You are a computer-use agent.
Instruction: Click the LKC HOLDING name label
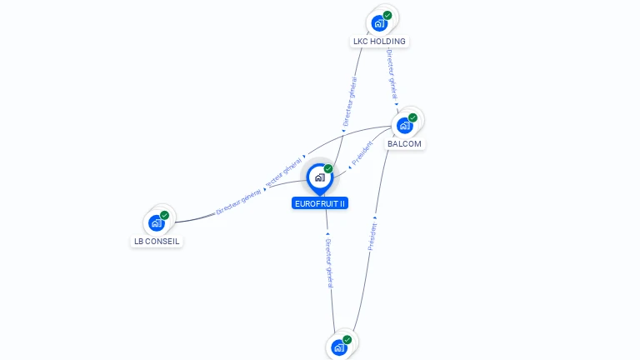379,41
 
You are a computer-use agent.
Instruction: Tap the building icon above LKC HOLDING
380,22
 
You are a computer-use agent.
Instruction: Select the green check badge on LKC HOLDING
387,15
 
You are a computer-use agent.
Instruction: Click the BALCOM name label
405,143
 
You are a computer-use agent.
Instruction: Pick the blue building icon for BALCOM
405,126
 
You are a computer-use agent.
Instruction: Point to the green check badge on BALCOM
412,117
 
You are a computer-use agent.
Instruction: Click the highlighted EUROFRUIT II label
320,203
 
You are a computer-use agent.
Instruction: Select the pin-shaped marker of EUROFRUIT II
319,177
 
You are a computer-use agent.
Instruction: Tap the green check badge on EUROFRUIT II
328,169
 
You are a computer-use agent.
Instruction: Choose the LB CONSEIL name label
157,242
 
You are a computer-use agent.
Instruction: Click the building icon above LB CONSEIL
156,223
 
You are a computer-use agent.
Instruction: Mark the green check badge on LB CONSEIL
164,215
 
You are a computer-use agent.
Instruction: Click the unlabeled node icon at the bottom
339,348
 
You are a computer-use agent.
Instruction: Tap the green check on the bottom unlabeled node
347,340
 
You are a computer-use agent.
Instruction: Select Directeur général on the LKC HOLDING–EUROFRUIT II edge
351,101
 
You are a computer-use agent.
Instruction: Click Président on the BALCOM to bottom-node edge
372,237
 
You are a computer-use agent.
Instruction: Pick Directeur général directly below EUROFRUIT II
328,257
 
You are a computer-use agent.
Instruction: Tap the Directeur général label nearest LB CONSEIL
238,202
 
